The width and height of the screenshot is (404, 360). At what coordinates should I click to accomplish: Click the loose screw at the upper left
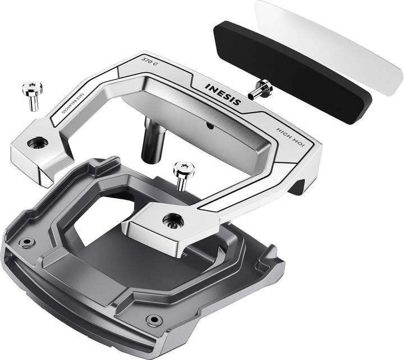coord(32,95)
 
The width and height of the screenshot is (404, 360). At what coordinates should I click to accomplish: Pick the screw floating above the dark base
coord(183,175)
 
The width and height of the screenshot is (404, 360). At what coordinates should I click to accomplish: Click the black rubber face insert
coord(292,70)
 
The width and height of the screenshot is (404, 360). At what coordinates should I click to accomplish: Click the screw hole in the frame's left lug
coord(38,143)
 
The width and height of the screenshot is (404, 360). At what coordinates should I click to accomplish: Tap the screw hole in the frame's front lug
coord(171,221)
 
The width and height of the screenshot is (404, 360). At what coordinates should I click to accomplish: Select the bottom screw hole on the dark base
coord(153,320)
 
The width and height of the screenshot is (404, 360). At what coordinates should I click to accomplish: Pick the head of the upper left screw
coord(32,88)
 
